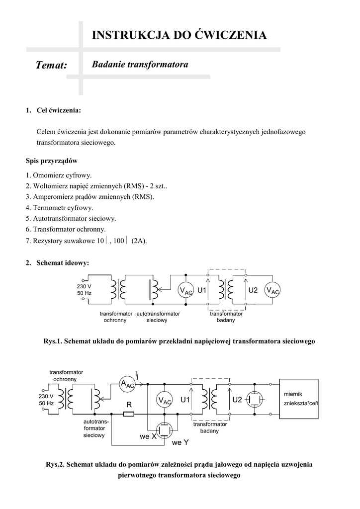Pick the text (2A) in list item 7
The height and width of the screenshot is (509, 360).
tap(139, 241)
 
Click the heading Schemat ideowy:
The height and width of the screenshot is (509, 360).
tap(63, 263)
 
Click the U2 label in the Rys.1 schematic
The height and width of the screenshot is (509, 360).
tap(253, 290)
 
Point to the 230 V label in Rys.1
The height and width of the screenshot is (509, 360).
tap(84, 287)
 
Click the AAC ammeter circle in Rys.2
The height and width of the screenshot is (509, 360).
tap(127, 384)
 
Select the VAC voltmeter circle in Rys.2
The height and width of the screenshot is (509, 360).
tap(164, 401)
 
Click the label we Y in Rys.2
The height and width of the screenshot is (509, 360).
tap(180, 442)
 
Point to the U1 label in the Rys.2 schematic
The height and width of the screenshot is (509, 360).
tap(185, 400)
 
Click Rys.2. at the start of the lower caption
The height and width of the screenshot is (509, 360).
tap(56, 464)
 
